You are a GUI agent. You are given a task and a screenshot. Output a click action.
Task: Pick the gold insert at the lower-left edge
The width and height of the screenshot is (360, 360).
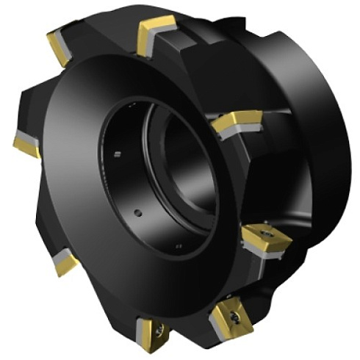pyautogui.click(x=64, y=262)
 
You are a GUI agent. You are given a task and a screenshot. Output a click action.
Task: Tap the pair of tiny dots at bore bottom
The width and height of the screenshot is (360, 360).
pyautogui.click(x=179, y=245)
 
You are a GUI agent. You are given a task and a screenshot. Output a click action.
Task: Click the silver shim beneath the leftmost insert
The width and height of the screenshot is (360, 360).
pyautogui.click(x=22, y=139)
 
